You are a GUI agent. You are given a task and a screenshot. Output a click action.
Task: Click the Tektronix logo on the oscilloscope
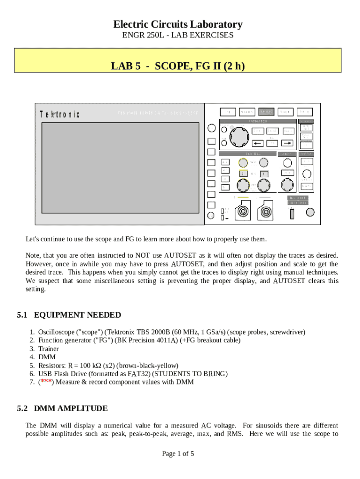pyautogui.click(x=60, y=114)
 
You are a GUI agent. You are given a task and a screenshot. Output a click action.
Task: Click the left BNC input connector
pyautogui.click(x=243, y=211)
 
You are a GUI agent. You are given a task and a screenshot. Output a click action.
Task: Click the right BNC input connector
pyautogui.click(x=267, y=211)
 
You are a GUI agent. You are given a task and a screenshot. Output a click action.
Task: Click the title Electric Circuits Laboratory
pyautogui.click(x=178, y=24)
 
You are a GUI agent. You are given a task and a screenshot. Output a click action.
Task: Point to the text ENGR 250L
pyautogui.click(x=140, y=35)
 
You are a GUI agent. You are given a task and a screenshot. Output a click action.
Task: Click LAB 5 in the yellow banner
pyautogui.click(x=126, y=66)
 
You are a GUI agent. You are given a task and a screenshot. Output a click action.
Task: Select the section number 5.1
pyautogui.click(x=23, y=315)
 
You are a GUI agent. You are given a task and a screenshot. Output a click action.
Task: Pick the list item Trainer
pyautogui.click(x=49, y=348)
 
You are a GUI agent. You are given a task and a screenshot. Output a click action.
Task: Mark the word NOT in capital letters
pyautogui.click(x=143, y=255)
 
